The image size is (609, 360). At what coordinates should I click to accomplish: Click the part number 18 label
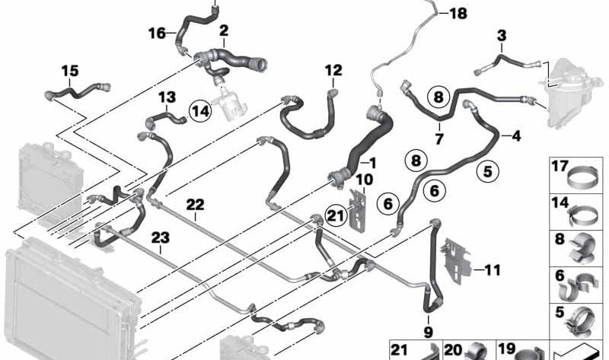(460, 13)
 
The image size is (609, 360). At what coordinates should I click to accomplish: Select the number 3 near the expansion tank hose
(501, 36)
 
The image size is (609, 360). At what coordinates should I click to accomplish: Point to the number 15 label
(69, 71)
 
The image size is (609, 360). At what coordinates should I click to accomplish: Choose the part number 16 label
(156, 33)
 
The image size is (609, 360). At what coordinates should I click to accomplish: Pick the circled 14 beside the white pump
(200, 110)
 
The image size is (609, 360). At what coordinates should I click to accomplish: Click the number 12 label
(333, 71)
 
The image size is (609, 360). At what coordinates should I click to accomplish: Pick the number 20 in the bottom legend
(453, 349)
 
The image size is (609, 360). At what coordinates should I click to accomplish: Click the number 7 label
(438, 139)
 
